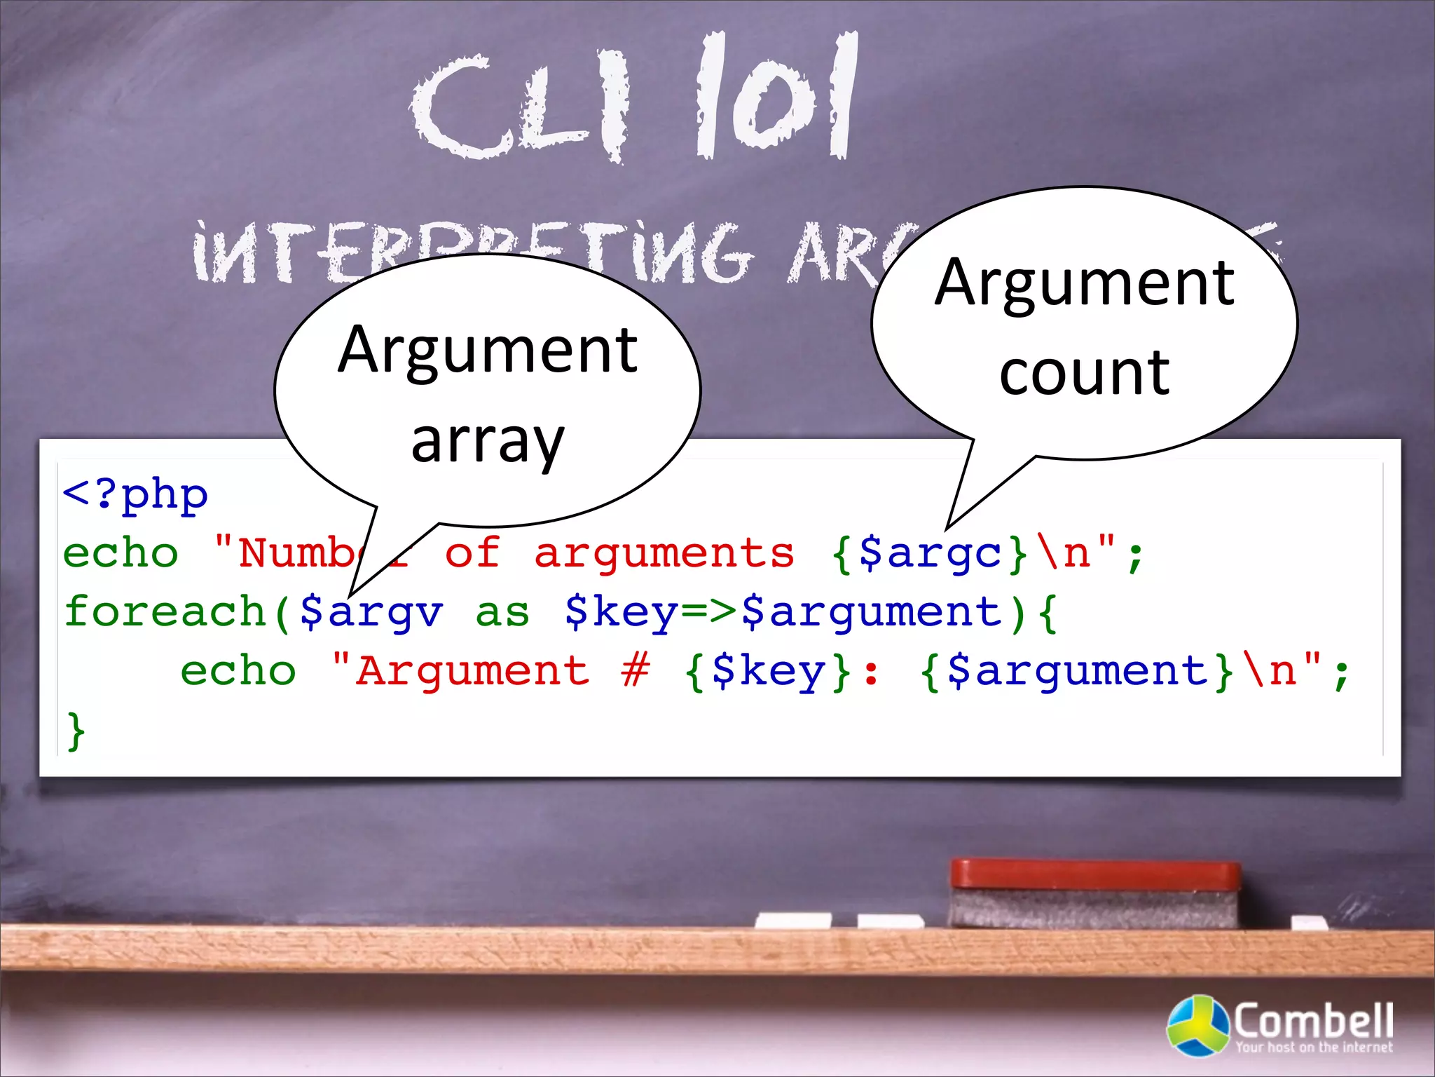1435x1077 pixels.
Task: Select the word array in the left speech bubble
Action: pos(488,441)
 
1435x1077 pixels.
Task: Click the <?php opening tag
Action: pos(135,494)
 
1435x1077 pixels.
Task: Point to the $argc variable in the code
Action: pos(930,553)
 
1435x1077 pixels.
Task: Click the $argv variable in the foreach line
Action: pos(371,612)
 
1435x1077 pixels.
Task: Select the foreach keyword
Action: pos(165,611)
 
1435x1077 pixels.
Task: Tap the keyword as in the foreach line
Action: pos(502,612)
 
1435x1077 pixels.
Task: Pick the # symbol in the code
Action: pos(636,670)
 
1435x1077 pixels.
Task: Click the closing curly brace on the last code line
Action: pos(76,731)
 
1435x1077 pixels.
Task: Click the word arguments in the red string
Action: pos(664,553)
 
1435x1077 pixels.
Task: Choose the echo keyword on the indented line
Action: pos(238,670)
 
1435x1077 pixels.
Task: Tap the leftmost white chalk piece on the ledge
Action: pos(793,920)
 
